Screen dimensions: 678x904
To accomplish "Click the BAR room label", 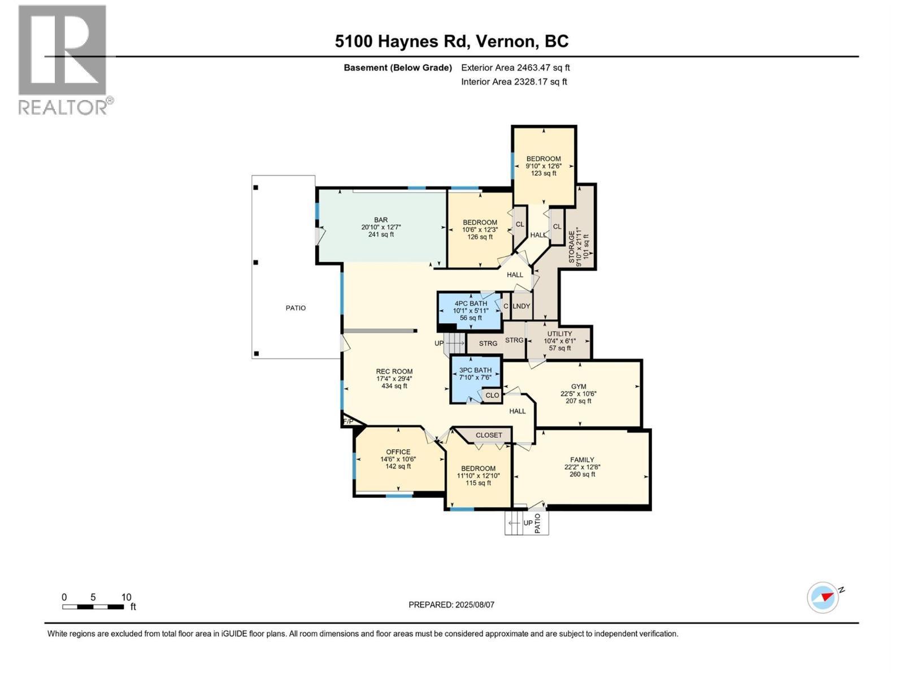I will (x=381, y=220).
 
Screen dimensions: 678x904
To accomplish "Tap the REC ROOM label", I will (x=394, y=372).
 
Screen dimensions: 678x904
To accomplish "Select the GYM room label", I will (x=579, y=387).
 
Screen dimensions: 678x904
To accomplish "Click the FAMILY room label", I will (x=582, y=460).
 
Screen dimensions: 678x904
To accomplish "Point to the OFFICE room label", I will (x=398, y=452).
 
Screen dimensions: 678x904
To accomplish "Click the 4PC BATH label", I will (x=471, y=303).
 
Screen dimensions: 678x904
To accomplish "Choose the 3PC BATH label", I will (x=475, y=370).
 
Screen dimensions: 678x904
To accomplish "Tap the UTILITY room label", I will (x=559, y=334).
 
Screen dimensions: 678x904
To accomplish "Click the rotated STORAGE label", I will (x=572, y=247).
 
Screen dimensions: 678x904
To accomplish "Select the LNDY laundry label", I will (x=521, y=306).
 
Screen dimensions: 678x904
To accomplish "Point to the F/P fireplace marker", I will (x=348, y=421).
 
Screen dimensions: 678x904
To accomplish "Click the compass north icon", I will (x=824, y=597).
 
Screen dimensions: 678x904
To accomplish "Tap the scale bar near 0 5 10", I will (x=93, y=607).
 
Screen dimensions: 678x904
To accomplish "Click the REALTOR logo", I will (x=63, y=59).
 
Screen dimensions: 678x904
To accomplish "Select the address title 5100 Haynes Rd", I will (x=452, y=41).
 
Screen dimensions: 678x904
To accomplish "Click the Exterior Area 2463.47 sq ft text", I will (x=515, y=68).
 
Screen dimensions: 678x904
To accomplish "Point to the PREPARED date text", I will (x=451, y=605).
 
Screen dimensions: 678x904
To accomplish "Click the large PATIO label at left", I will (x=295, y=308).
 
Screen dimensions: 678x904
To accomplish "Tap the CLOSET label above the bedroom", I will (x=489, y=435).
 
